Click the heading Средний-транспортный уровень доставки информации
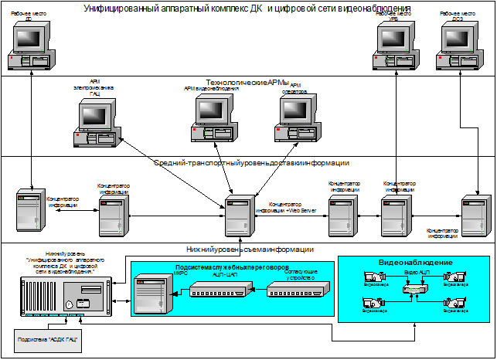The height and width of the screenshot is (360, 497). coord(251,164)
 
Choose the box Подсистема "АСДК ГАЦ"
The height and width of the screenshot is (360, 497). coord(49,339)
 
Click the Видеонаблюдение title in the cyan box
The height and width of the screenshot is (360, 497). coord(415,263)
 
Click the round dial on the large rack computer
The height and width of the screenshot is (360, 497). coord(70,305)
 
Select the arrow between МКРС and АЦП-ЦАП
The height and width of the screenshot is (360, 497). coord(177,291)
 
